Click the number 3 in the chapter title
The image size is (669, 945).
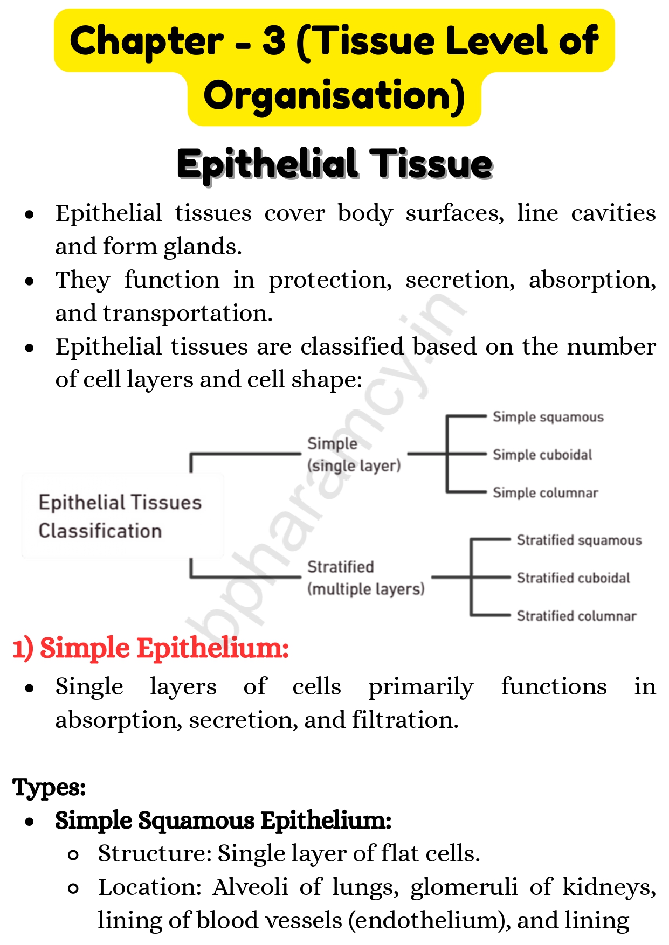pos(274,41)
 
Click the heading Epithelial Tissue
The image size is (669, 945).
pos(334,164)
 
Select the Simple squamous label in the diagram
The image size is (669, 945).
pos(548,417)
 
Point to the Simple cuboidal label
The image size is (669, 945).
pos(542,455)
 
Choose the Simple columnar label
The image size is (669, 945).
pos(545,493)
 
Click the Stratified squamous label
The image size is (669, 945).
pos(579,540)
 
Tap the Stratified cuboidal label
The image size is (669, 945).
pos(573,578)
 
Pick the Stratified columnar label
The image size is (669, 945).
pos(576,616)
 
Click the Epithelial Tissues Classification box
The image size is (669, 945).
pos(122,516)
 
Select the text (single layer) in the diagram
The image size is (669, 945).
pos(354,466)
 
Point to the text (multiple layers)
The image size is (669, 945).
pos(365,589)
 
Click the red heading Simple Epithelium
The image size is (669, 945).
pos(151,648)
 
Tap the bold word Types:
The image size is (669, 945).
pos(49,787)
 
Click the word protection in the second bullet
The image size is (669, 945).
pos(330,280)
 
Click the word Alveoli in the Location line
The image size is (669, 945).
pos(250,887)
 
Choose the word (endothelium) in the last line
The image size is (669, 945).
pos(429,921)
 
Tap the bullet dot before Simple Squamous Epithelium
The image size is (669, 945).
pos(30,822)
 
